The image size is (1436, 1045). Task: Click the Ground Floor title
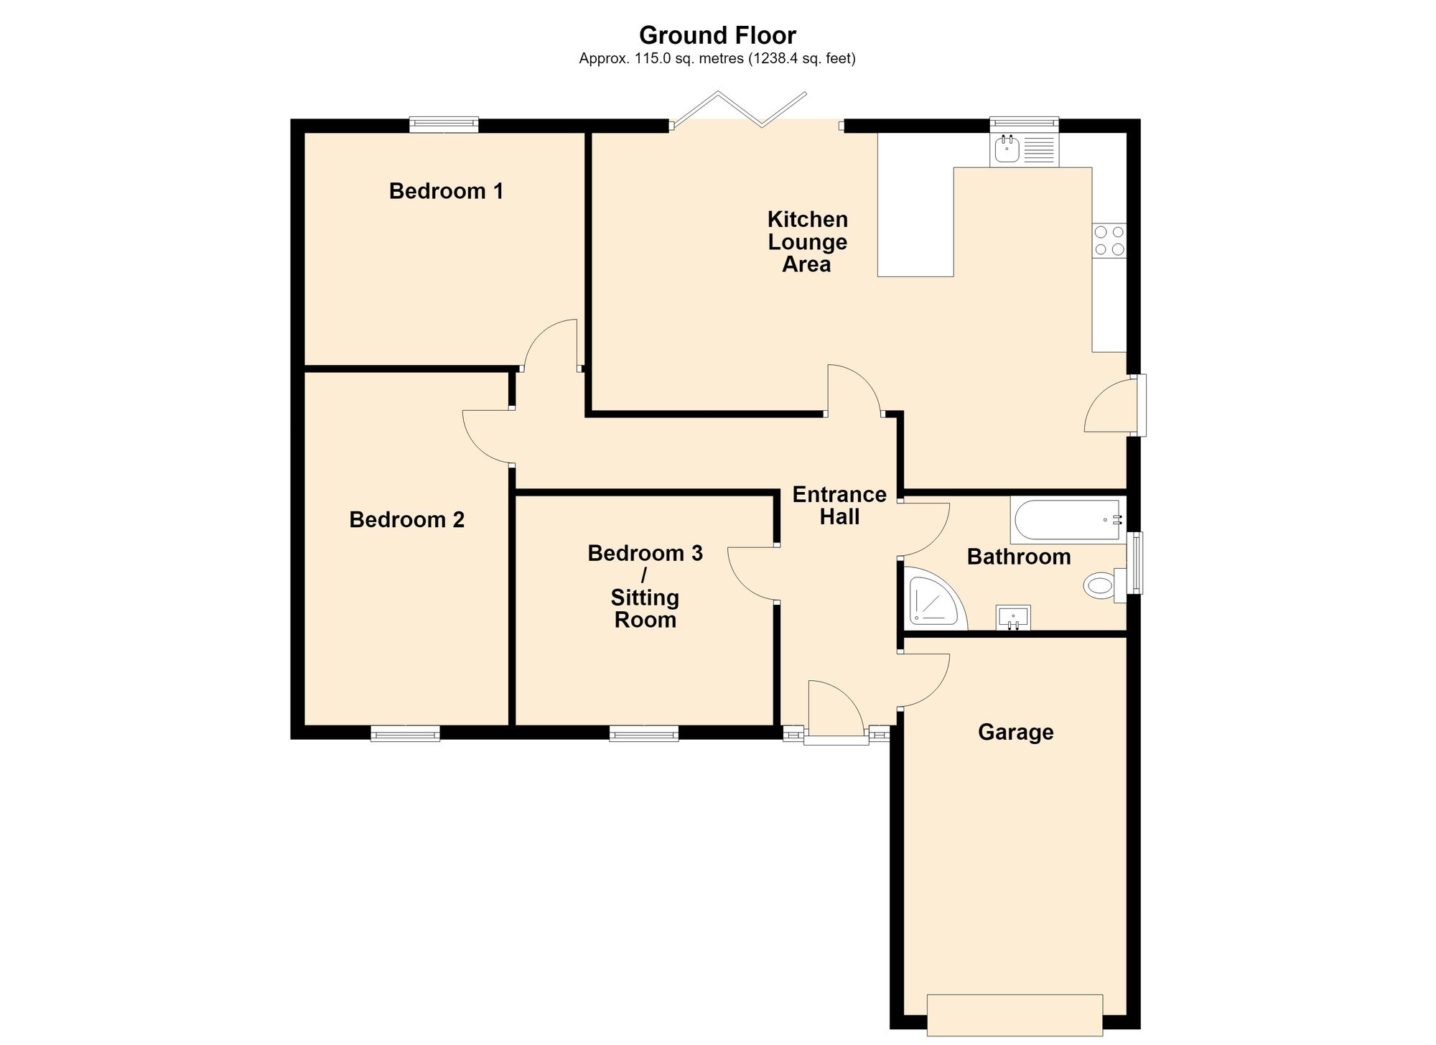click(x=717, y=35)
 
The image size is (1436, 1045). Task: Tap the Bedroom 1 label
click(x=446, y=191)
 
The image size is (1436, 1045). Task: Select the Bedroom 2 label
click(x=406, y=519)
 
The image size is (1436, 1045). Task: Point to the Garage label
click(x=1015, y=732)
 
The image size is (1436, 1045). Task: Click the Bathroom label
click(x=1019, y=557)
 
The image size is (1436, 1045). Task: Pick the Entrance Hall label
click(x=839, y=506)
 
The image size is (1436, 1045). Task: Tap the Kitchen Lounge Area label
click(x=807, y=241)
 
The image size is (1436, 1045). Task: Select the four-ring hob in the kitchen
click(x=1109, y=241)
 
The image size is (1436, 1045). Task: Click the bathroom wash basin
click(x=1013, y=618)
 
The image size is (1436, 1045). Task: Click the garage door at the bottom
click(x=1015, y=1015)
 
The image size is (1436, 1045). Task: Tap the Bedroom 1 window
click(x=444, y=125)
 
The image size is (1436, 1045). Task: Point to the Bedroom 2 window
click(x=405, y=733)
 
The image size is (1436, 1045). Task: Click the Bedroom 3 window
click(x=644, y=733)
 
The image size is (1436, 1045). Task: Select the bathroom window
click(x=1134, y=563)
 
